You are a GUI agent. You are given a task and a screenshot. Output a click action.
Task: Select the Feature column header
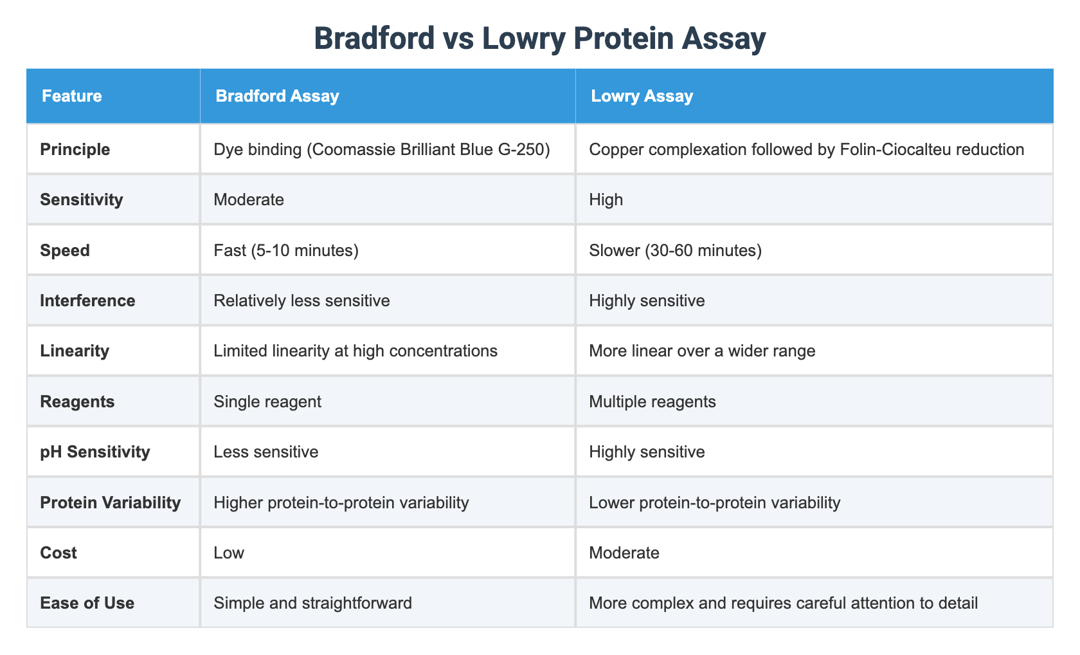click(71, 97)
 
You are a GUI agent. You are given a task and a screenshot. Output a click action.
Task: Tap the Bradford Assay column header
click(277, 97)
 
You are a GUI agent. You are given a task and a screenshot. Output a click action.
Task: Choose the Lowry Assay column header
click(642, 97)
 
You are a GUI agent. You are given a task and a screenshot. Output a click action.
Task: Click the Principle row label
click(75, 149)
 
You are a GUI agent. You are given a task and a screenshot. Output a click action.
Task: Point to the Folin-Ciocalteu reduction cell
click(807, 149)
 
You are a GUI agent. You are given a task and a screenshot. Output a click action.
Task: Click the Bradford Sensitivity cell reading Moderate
click(249, 199)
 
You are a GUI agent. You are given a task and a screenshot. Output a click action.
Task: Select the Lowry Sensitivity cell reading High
click(606, 199)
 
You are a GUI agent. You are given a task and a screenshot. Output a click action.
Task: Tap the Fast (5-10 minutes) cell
click(287, 250)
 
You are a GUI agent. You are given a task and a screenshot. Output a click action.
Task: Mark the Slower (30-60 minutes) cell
click(675, 250)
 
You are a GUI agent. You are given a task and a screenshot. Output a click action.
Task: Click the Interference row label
click(87, 300)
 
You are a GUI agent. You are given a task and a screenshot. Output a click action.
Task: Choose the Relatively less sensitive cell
click(302, 300)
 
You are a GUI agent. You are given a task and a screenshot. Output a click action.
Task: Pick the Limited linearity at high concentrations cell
click(356, 351)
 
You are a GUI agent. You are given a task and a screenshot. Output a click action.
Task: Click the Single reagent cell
click(268, 401)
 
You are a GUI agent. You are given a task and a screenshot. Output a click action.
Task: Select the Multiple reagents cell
click(652, 401)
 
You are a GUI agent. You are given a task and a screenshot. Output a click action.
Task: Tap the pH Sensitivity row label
click(94, 452)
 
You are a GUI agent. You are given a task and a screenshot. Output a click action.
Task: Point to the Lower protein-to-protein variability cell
click(714, 502)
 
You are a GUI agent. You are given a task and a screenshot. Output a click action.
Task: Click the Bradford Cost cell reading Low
click(230, 553)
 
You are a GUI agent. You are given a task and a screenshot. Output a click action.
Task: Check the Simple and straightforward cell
click(313, 603)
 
